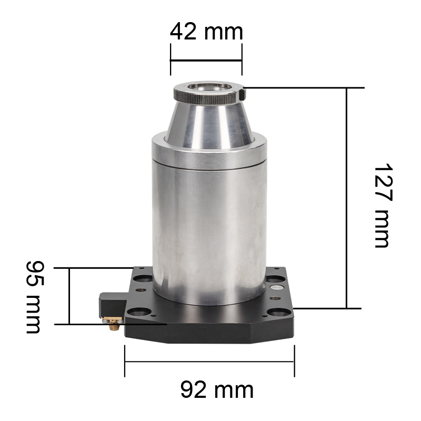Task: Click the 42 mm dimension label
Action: point(206,32)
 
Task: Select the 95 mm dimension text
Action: point(35,297)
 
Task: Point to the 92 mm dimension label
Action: point(217,390)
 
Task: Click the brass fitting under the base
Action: point(114,324)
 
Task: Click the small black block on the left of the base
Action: point(113,305)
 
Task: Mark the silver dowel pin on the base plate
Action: point(277,287)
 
